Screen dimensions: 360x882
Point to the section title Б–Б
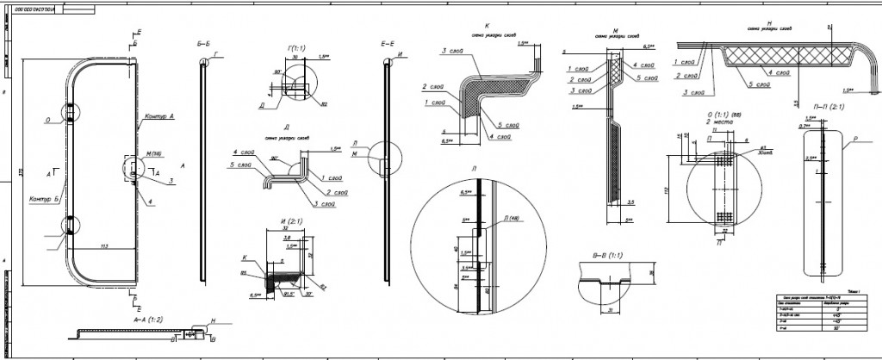pyautogui.click(x=203, y=41)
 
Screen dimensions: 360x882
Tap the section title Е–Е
pyautogui.click(x=385, y=41)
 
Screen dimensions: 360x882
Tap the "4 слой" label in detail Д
pyautogui.click(x=241, y=152)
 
